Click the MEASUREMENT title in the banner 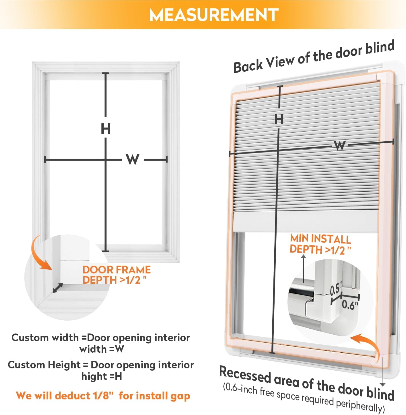(214, 15)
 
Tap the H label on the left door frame (106, 129)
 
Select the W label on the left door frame (133, 159)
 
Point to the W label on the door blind (340, 145)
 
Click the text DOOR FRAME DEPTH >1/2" (116, 275)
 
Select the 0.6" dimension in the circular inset (350, 305)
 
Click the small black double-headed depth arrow (58, 288)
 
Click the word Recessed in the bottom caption (245, 375)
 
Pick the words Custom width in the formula (45, 338)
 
